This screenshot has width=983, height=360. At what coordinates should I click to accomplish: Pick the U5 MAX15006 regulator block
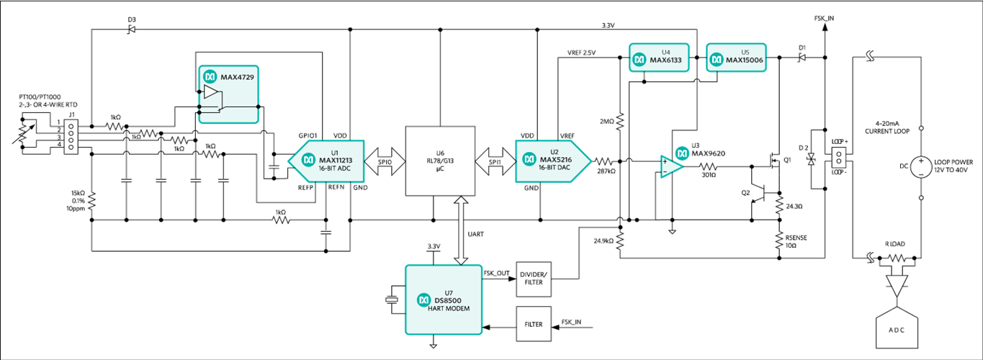[x=735, y=58]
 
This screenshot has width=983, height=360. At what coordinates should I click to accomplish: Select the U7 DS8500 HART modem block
[x=444, y=300]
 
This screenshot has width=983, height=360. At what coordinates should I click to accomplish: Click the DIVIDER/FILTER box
[x=534, y=278]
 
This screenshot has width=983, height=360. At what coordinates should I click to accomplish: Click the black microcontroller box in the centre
[x=439, y=160]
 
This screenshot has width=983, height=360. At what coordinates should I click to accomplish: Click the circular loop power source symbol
[x=920, y=167]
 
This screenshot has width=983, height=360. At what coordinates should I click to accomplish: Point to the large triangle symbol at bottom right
[x=896, y=288]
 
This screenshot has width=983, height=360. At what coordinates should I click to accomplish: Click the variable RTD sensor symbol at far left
[x=23, y=138]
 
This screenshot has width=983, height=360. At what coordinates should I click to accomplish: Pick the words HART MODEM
[x=451, y=308]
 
